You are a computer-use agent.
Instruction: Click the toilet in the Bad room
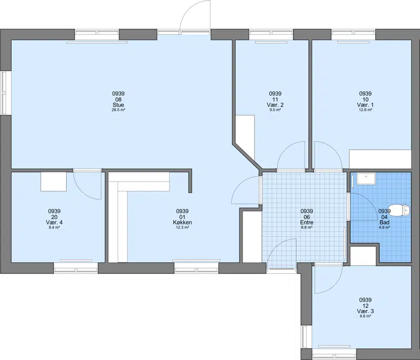400,209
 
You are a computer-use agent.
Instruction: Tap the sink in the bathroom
366,179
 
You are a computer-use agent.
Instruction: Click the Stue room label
118,104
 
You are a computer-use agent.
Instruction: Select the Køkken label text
182,223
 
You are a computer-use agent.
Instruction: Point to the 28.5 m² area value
118,110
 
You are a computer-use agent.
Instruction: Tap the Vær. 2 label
275,104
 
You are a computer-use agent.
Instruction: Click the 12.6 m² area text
365,110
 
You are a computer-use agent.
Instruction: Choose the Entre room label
307,223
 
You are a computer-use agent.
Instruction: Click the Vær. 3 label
365,311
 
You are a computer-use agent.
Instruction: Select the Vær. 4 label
55,223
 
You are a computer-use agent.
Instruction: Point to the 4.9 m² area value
384,228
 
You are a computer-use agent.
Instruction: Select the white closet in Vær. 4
54,182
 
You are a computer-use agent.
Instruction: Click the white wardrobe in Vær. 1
380,159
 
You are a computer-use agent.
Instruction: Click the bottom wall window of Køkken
196,268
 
